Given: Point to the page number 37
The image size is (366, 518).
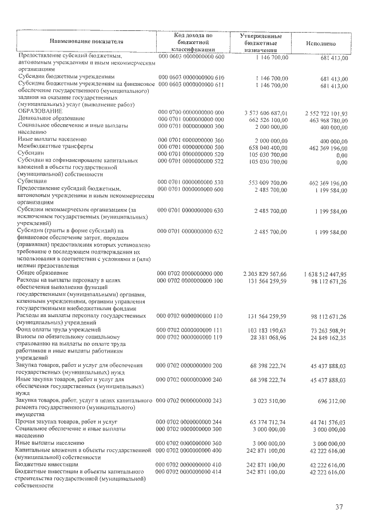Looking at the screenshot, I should (339, 507).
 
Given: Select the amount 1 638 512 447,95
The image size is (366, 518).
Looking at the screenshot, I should (323, 274).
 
